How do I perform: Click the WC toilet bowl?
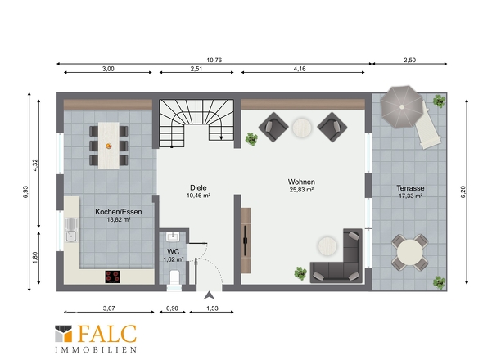[174, 278]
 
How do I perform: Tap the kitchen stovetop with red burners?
[112, 277]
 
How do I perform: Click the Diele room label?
[198, 187]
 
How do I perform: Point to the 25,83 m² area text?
[301, 190]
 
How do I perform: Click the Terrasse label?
[410, 188]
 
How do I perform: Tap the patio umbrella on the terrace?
[401, 107]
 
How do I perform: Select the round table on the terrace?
[409, 253]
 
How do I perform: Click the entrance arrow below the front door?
[209, 295]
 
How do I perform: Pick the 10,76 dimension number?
[214, 60]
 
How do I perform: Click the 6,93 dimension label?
[25, 191]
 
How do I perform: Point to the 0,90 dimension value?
[172, 308]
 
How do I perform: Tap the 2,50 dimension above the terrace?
[409, 60]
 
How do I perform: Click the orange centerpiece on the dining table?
[109, 146]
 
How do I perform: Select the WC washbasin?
[173, 236]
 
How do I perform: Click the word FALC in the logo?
[107, 334]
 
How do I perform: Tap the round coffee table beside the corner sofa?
[327, 245]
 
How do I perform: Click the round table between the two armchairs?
[302, 128]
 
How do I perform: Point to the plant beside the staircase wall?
[251, 139]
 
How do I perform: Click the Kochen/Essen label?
[119, 212]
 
